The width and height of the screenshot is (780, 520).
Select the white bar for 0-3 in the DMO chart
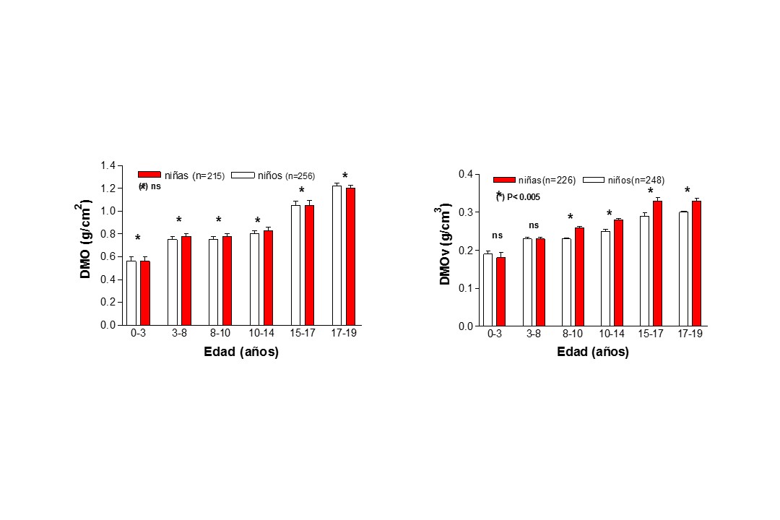click(x=131, y=292)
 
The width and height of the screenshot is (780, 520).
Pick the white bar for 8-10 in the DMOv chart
click(x=566, y=282)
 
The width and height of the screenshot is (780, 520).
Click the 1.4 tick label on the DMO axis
click(x=108, y=166)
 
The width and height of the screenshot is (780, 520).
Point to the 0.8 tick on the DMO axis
click(x=108, y=234)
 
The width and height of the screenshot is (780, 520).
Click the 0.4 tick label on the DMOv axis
click(x=465, y=174)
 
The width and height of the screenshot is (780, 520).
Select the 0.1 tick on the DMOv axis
click(x=465, y=288)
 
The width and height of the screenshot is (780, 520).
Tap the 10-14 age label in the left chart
click(x=261, y=334)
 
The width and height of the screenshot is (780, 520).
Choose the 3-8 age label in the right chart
click(x=534, y=334)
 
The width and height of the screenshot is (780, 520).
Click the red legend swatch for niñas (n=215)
click(x=149, y=175)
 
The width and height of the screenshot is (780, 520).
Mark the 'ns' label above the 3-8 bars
click(x=534, y=225)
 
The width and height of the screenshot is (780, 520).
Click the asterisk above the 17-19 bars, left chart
click(x=345, y=176)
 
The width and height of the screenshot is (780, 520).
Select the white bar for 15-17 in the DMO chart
click(x=295, y=265)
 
